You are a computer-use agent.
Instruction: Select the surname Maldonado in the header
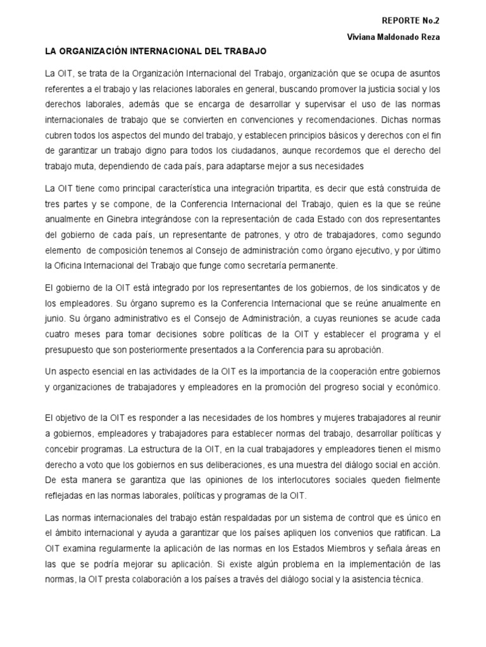[x=395, y=37]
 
